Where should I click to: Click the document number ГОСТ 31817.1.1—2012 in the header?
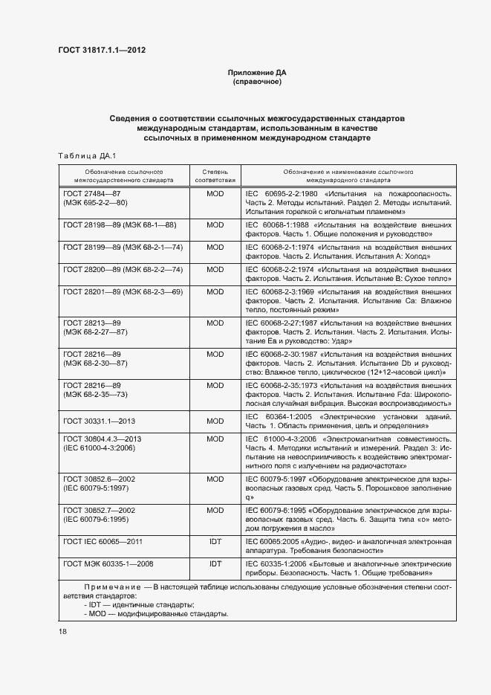(x=101, y=51)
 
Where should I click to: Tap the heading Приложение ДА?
(x=256, y=73)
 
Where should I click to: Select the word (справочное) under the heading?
(x=256, y=82)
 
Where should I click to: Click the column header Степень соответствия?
(x=215, y=175)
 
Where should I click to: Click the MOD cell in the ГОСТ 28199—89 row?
(x=215, y=246)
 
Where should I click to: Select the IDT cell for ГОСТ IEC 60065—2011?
(x=215, y=542)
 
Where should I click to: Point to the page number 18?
(x=62, y=630)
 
